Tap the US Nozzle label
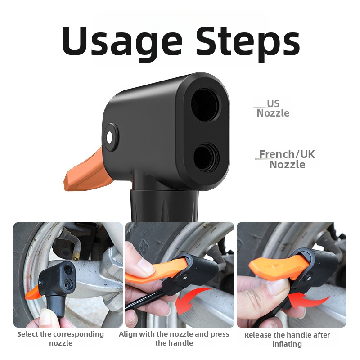[x=273, y=108]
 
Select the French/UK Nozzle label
[x=287, y=159]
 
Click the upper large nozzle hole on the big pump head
[x=205, y=105]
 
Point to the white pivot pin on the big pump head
[x=109, y=138]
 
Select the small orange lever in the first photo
[x=33, y=293]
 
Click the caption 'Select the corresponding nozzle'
[x=61, y=338]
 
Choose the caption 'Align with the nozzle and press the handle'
[x=174, y=338]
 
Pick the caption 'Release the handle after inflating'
[x=287, y=339]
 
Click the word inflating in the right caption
[x=287, y=344]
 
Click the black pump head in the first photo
[x=58, y=278]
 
